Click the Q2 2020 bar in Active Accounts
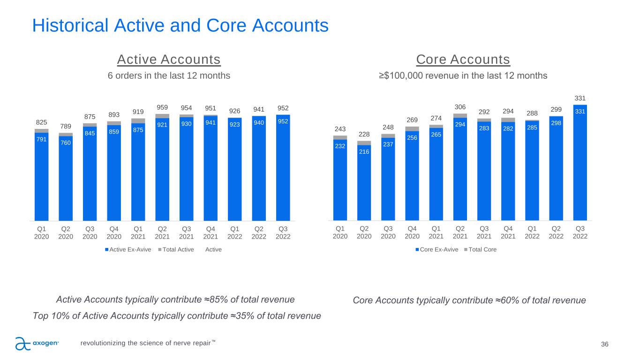pyautogui.click(x=66, y=178)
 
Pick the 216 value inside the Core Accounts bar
pyautogui.click(x=364, y=152)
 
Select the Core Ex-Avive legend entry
pyautogui.click(x=438, y=249)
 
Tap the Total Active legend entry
pyautogui.click(x=177, y=249)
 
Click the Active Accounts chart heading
pyautogui.click(x=169, y=60)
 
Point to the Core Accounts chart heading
pyautogui.click(x=463, y=60)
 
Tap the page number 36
pyautogui.click(x=605, y=345)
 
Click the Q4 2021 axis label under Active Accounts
pyautogui.click(x=211, y=232)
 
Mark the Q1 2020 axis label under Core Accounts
pyautogui.click(x=340, y=232)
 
